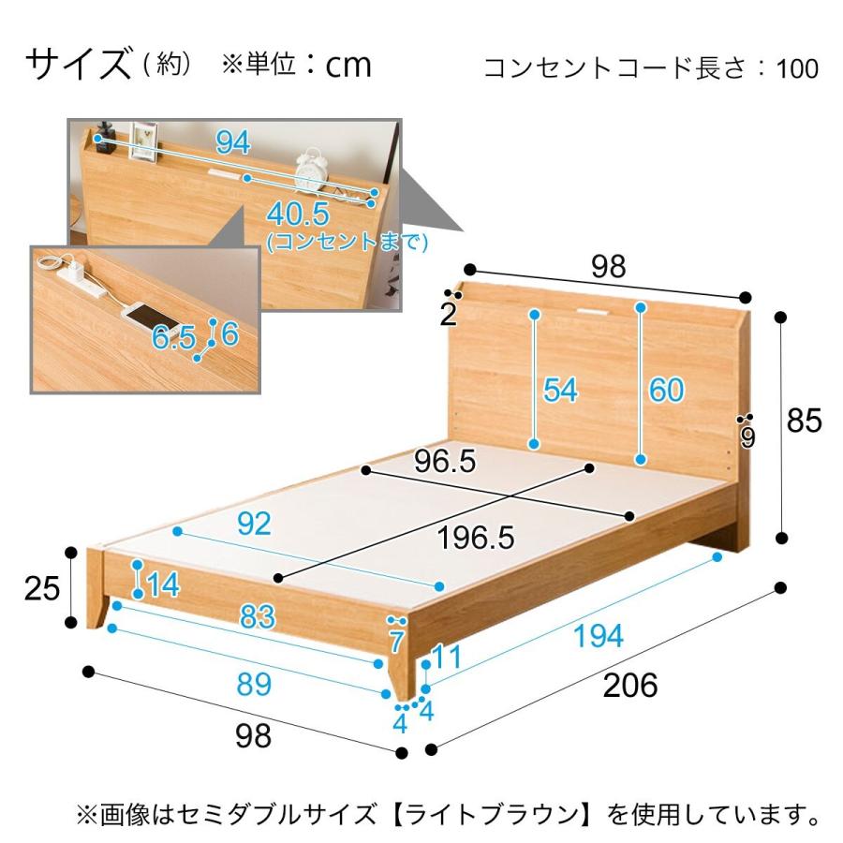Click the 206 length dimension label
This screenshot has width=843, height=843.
coord(629,686)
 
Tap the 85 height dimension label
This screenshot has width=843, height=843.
coord(804,421)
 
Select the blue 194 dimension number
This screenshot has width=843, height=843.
coord(599,636)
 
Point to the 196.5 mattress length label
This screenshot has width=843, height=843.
coord(477,537)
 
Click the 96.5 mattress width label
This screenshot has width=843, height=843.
coord(447,461)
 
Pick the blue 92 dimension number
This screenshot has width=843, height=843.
coord(253,524)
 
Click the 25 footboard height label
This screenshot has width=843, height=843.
coord(42,588)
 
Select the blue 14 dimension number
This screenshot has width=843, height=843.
coord(163,585)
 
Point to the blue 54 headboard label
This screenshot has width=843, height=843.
coord(561,390)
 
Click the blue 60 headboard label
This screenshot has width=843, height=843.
coord(666,390)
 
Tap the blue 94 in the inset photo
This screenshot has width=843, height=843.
coord(233,142)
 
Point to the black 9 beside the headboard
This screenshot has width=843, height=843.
coord(747,438)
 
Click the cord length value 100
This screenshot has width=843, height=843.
coord(796,69)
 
